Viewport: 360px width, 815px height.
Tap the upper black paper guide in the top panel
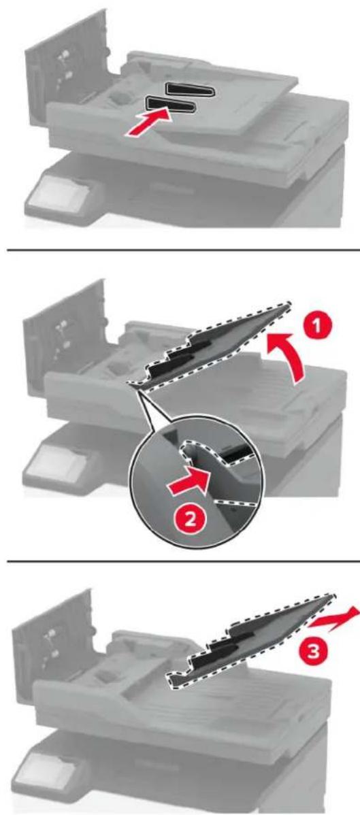point(190,88)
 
